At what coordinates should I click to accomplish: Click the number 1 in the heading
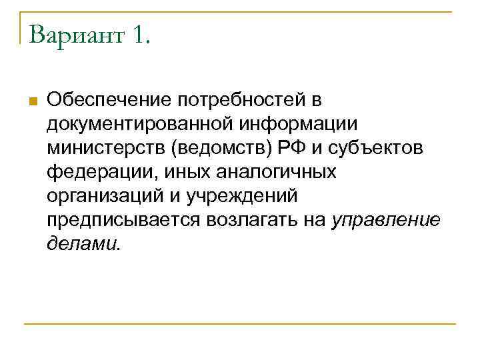(139, 33)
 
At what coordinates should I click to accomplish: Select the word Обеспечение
(107, 100)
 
